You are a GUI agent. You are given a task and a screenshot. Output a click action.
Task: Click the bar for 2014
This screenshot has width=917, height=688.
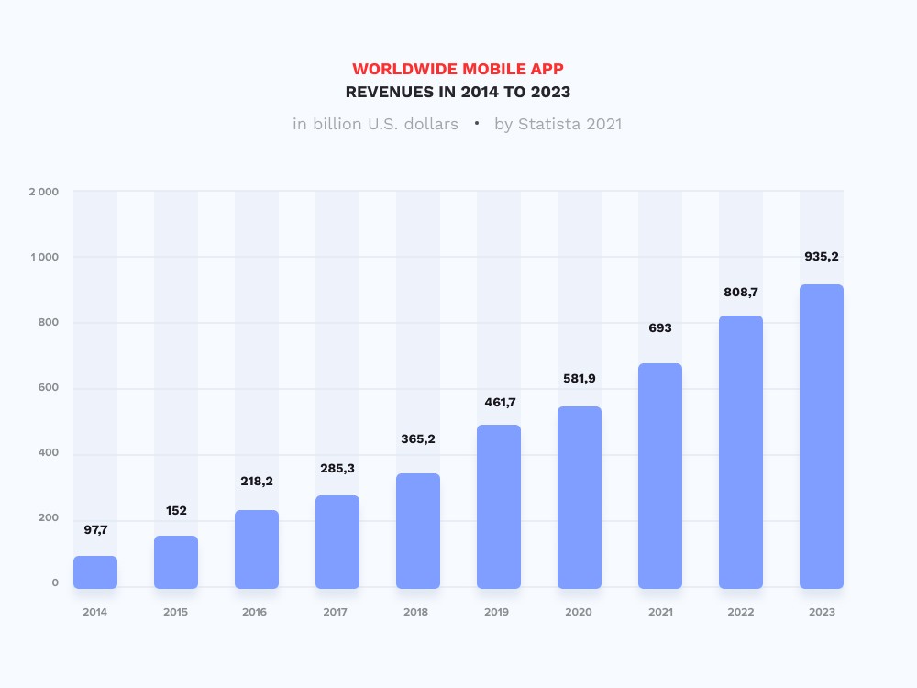[95, 572]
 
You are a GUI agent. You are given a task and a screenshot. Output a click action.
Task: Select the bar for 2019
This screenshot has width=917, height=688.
[499, 506]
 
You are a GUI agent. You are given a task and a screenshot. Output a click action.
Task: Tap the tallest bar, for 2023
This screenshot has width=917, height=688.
[822, 437]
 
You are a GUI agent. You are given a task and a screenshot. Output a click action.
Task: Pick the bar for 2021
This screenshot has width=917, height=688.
[660, 476]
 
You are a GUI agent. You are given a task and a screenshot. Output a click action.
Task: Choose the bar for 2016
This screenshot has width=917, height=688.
[257, 549]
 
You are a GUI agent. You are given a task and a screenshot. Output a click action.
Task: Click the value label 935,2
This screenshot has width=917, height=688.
[822, 257]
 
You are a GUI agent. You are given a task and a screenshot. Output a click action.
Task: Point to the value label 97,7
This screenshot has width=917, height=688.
[95, 529]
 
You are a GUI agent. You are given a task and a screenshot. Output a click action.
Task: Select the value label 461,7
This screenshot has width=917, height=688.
[499, 402]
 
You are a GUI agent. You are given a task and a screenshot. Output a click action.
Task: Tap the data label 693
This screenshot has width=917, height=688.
[660, 327]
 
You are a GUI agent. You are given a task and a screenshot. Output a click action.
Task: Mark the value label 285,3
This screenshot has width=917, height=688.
[337, 469]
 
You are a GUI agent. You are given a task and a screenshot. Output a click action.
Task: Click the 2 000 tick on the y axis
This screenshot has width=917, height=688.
[43, 192]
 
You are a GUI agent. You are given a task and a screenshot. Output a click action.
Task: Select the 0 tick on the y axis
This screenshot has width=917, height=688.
[55, 583]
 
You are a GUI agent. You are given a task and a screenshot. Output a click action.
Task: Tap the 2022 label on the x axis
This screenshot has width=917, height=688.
[740, 612]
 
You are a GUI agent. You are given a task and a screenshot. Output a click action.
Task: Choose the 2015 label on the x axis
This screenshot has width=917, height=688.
[175, 612]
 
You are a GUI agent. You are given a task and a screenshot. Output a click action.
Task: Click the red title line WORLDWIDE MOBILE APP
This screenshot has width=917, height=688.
[458, 70]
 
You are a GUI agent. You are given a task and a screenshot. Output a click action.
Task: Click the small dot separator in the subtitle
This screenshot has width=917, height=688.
[477, 122]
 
